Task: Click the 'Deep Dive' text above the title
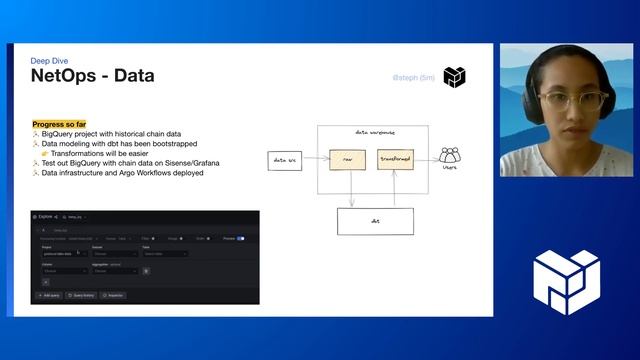click(x=50, y=61)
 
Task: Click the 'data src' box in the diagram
click(x=284, y=160)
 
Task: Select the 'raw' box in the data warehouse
click(x=346, y=159)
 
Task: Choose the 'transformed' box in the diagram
click(x=395, y=159)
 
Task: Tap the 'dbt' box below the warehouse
click(x=374, y=221)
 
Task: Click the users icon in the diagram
click(x=450, y=156)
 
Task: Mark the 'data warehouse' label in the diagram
click(x=374, y=133)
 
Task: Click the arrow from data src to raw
click(x=315, y=160)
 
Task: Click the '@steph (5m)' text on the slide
click(x=412, y=77)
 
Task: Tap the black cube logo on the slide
click(x=455, y=77)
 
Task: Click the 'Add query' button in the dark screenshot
click(x=48, y=296)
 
